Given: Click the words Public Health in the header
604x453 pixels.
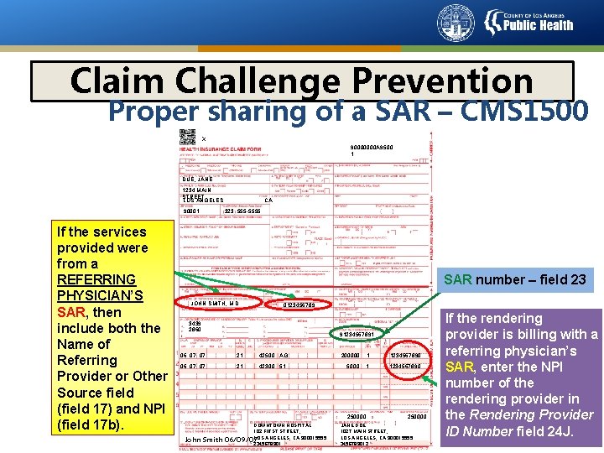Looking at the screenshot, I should point(538,25).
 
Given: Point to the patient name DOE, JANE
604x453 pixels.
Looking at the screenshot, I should point(198,180).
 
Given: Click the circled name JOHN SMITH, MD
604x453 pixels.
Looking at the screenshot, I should point(216,303).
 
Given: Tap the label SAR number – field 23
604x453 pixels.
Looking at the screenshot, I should point(514,280).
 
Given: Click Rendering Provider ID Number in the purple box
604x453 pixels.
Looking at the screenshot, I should point(521,414).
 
